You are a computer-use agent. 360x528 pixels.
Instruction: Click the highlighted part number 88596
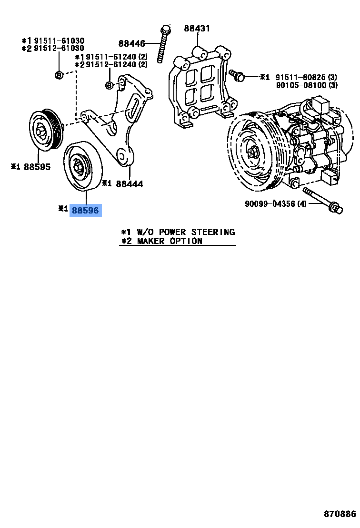click(x=86, y=210)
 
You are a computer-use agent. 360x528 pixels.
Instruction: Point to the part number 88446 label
click(x=131, y=44)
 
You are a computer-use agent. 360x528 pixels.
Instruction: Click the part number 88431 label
click(x=197, y=29)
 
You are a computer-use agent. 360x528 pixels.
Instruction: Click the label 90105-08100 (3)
click(x=306, y=85)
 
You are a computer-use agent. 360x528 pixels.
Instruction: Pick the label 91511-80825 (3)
click(x=306, y=77)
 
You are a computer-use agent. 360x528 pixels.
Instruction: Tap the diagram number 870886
click(x=340, y=514)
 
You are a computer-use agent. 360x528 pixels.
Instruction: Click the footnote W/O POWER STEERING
click(x=186, y=232)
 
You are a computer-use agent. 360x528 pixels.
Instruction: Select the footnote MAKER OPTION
click(x=170, y=241)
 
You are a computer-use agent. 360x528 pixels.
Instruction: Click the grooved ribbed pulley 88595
click(x=44, y=130)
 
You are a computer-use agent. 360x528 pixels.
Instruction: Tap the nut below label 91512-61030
click(x=59, y=74)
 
